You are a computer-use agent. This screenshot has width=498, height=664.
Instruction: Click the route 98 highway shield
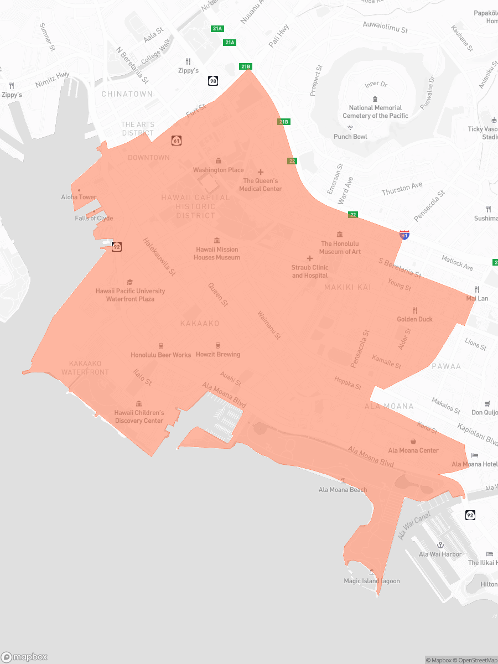coord(213,81)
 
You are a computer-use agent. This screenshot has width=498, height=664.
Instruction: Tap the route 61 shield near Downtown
coord(177,141)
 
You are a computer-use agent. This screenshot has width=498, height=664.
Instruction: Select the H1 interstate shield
coord(405,235)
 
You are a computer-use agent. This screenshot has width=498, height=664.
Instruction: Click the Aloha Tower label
coord(79,197)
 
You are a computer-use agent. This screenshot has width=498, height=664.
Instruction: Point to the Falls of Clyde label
coord(94,218)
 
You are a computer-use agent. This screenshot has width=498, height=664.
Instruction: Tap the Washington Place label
coord(218,170)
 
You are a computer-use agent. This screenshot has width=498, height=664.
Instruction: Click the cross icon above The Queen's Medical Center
coord(261,172)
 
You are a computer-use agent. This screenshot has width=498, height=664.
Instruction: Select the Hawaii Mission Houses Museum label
coord(217,253)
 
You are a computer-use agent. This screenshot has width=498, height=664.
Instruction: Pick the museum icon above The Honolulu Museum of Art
coord(340,235)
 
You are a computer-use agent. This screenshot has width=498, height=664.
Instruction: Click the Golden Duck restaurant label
coord(414,319)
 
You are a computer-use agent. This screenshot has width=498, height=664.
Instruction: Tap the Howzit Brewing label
coord(218,354)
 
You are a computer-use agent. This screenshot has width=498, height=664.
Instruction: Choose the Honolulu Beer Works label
coord(161,355)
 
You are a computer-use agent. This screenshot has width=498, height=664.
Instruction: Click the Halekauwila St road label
coord(159,257)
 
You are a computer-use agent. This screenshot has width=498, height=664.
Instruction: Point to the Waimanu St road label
coord(269,325)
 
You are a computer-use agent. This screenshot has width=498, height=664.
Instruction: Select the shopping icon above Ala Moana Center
coord(413,441)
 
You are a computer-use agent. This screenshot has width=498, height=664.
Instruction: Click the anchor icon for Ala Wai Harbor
coord(440,545)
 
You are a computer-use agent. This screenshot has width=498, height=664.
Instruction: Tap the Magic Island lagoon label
coord(371,581)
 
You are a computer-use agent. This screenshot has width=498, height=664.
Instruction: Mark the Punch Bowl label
coord(350,137)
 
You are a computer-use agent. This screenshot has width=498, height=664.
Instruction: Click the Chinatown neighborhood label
coord(127,94)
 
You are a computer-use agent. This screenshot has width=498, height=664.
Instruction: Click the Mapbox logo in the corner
coord(24,657)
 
